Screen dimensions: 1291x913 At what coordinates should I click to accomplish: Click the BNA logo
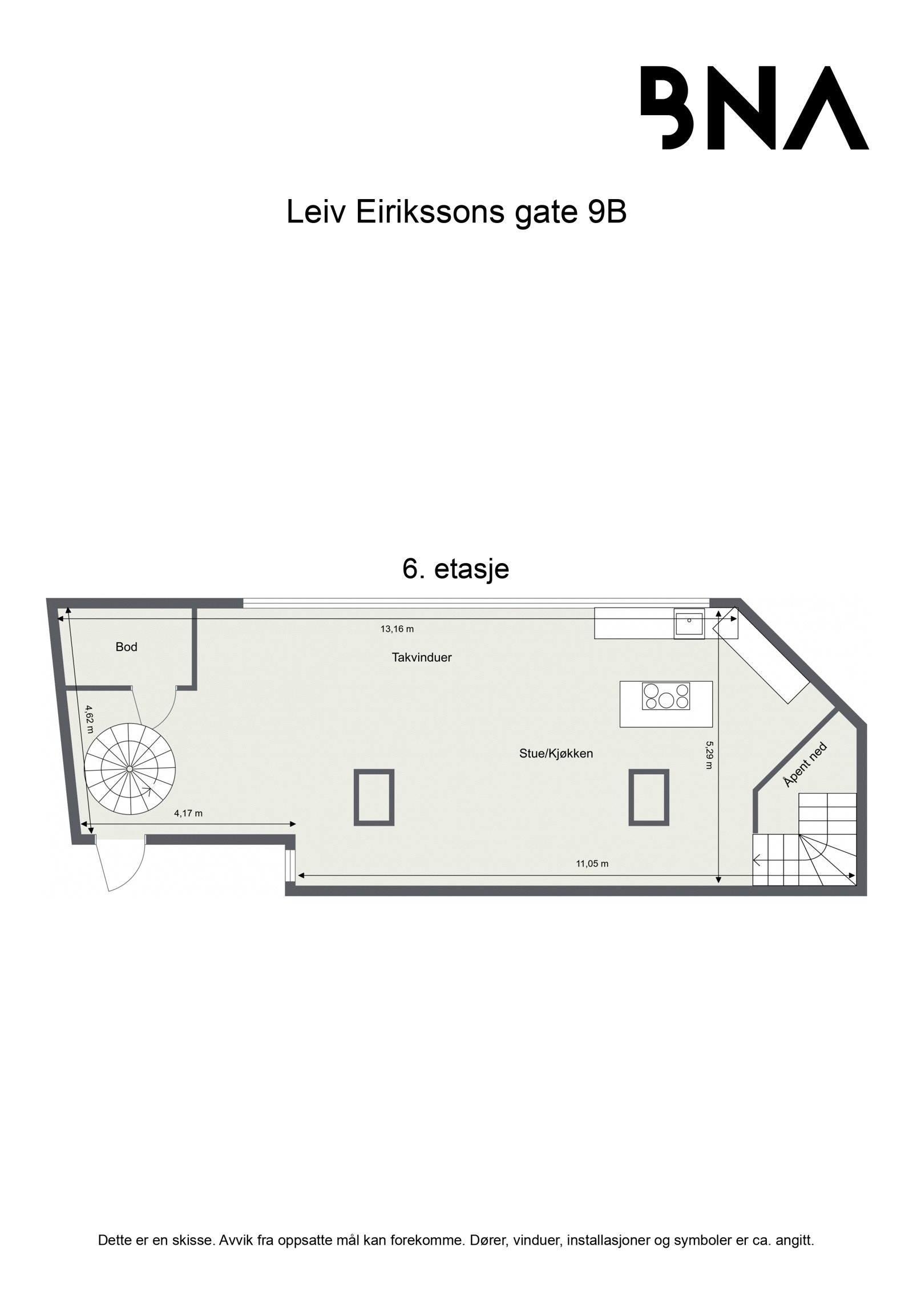tap(754, 108)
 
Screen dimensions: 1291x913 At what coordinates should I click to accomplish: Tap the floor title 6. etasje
tap(455, 569)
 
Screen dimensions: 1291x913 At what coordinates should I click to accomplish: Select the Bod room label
tap(126, 647)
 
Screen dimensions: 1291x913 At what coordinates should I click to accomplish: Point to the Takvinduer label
tap(422, 657)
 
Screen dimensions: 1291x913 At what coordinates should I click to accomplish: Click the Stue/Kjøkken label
tap(556, 754)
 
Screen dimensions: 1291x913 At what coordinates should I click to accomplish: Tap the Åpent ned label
tap(805, 766)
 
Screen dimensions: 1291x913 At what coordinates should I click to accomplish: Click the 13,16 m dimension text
tap(397, 629)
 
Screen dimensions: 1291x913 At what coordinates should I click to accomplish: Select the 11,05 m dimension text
tap(592, 880)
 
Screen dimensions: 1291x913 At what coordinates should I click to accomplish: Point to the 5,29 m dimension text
tap(709, 755)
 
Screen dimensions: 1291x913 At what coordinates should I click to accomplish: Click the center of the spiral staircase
tap(130, 769)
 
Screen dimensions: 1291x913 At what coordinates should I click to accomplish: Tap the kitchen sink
tap(689, 624)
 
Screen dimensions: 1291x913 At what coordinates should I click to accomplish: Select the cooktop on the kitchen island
tap(666, 696)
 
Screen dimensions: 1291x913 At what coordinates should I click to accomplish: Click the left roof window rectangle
tap(374, 797)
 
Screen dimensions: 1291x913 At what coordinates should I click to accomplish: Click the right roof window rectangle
tap(649, 797)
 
